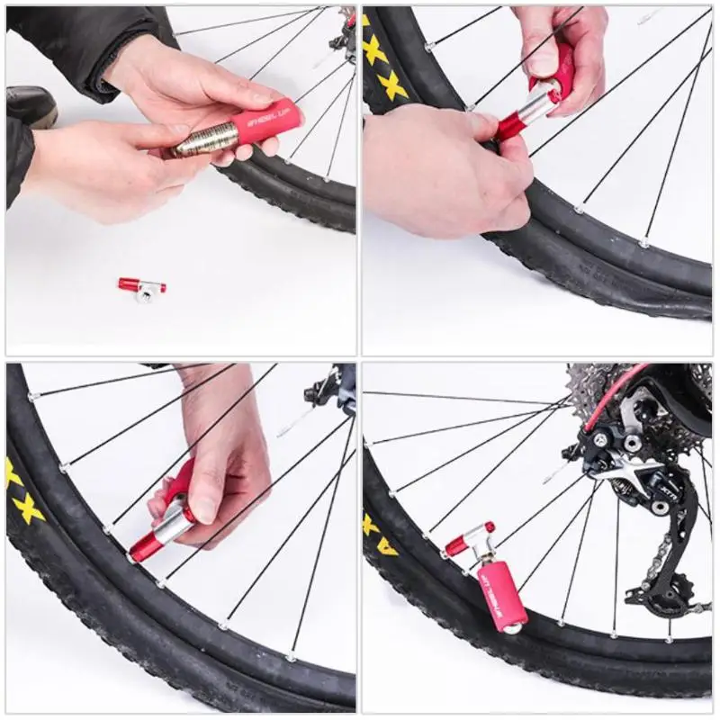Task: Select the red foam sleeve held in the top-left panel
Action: (x=265, y=122)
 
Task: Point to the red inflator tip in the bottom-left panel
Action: (x=144, y=545)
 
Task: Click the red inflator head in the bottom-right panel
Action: (x=468, y=538)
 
